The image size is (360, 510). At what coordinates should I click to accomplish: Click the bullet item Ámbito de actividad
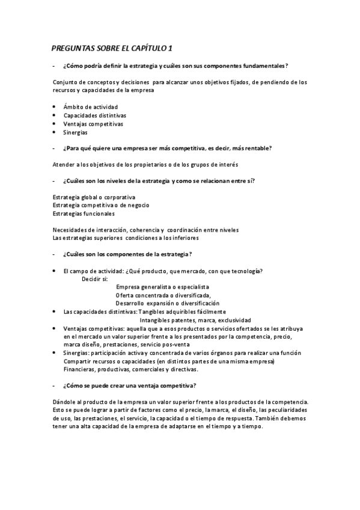pos(87,106)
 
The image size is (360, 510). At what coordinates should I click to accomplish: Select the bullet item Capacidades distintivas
pos(94,115)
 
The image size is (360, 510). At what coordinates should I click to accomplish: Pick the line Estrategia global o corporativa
pos(94,197)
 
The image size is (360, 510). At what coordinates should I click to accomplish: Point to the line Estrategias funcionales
pos(84,213)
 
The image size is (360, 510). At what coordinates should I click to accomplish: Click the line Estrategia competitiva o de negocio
pos(100,205)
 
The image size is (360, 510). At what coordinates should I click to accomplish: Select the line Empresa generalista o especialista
pos(162,287)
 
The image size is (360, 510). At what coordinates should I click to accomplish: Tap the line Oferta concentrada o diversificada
pos(163,295)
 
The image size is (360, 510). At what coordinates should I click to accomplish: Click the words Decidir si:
pos(95,279)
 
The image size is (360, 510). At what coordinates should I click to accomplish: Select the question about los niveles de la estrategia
pos(162,180)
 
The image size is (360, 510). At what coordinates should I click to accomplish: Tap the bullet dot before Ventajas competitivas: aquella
pos(54,328)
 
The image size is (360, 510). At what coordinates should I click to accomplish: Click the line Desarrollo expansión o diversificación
pos(168,303)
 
